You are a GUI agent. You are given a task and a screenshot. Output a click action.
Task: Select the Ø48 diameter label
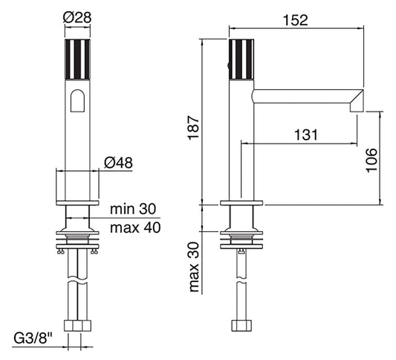119,161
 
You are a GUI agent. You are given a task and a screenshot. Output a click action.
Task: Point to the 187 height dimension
192,129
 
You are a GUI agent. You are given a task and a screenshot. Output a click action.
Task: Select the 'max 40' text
134,227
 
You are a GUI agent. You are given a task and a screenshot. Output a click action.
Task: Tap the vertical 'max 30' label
195,266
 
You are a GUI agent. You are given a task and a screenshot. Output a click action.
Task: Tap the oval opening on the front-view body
77,101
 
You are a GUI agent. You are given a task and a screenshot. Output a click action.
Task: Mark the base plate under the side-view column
241,203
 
